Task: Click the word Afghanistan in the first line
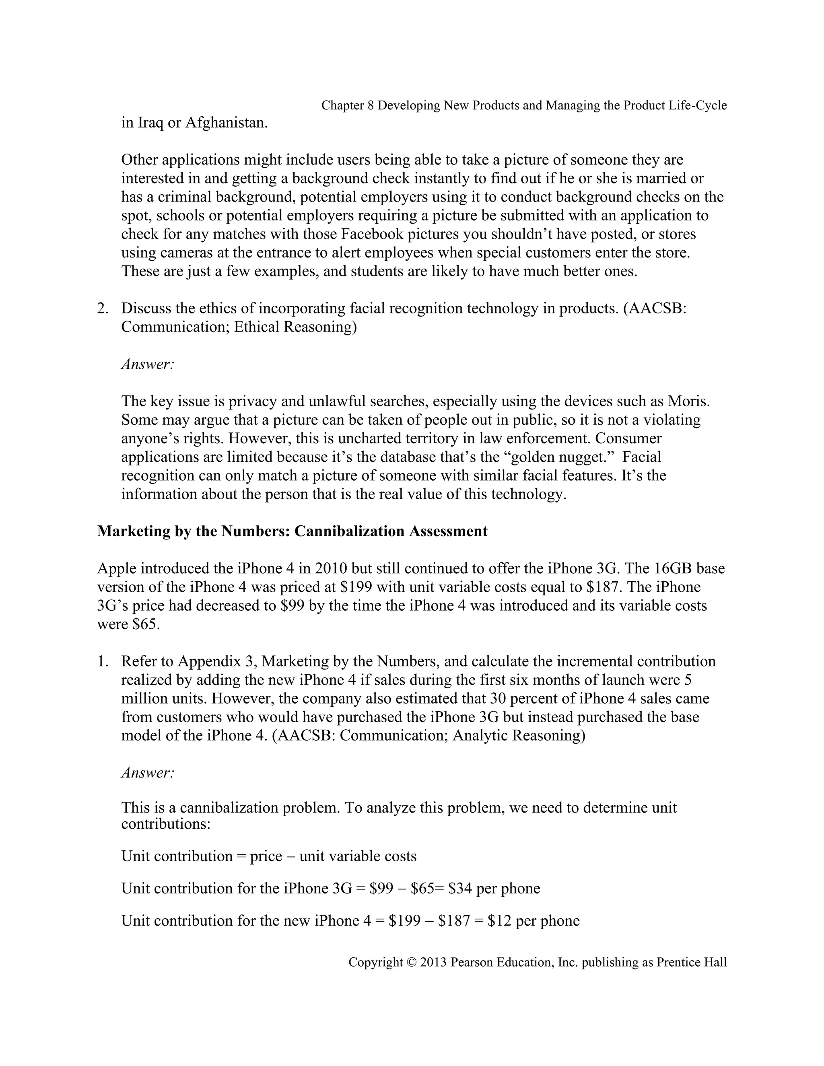point(227,123)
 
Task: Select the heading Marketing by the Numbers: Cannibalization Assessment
point(292,531)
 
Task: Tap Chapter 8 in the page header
point(347,105)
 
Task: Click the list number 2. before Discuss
point(103,309)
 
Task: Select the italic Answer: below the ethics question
point(147,364)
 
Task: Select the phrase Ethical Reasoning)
point(295,327)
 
